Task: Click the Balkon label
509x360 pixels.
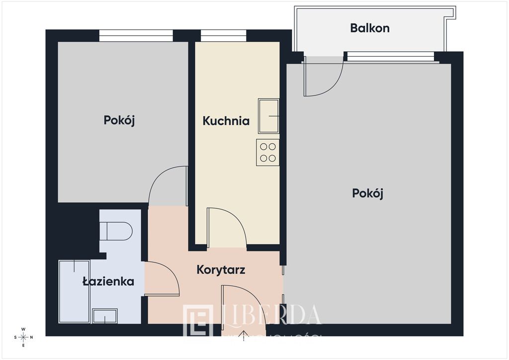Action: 370,28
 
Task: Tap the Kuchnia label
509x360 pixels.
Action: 226,121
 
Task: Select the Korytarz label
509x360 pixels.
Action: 221,270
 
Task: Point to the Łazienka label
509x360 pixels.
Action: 108,281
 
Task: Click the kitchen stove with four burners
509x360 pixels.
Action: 268,153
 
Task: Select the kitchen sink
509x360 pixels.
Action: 268,116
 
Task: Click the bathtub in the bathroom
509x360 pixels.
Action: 74,291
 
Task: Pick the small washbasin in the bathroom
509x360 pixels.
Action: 105,316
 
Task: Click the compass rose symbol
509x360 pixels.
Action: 23,338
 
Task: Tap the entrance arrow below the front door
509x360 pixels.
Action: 244,337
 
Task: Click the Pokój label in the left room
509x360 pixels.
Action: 119,120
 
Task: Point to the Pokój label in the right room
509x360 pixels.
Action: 367,193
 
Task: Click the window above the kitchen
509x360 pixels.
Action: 224,36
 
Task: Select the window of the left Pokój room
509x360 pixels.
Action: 136,36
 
